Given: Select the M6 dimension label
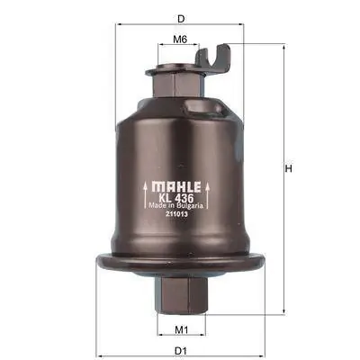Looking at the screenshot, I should click(x=179, y=39).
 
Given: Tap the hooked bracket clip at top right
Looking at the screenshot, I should click(x=220, y=57).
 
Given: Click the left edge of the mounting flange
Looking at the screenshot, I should click(x=99, y=262).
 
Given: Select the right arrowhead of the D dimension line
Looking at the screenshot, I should click(x=241, y=25).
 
